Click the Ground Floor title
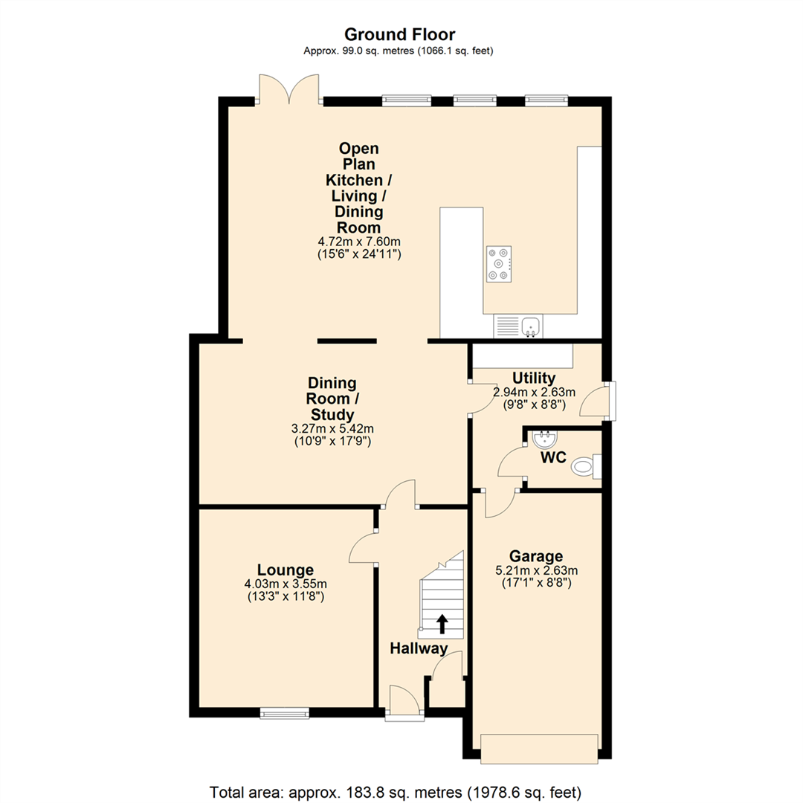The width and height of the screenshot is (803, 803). [399, 34]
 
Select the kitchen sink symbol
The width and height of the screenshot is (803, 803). [519, 326]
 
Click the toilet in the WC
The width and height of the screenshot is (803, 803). [585, 467]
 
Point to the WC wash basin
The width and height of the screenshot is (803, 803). [545, 440]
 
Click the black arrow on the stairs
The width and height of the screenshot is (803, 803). [442, 622]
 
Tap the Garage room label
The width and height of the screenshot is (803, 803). [535, 556]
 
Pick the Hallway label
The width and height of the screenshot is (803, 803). [419, 648]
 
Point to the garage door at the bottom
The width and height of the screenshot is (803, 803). [539, 748]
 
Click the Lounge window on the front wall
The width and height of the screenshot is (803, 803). [285, 713]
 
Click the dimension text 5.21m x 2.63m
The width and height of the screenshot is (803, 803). [535, 570]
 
